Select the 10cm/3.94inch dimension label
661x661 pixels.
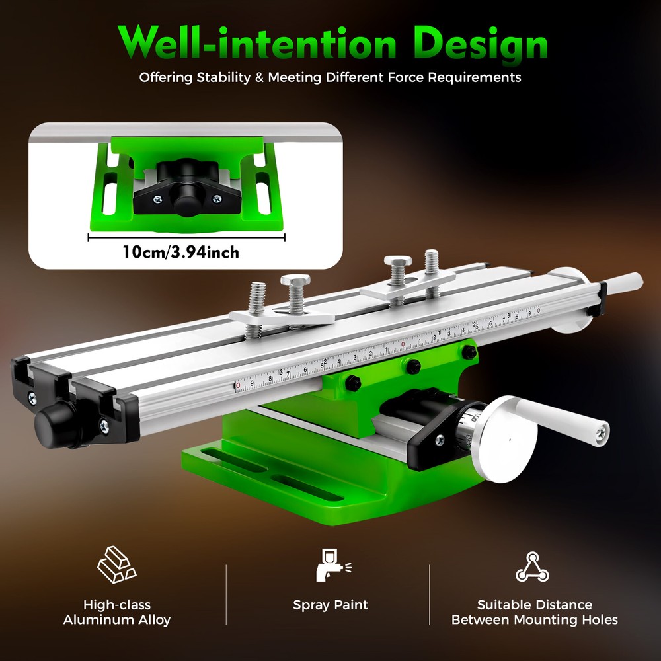point(180,252)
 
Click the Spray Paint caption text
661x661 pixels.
point(330,605)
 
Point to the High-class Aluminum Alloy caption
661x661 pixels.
point(117,612)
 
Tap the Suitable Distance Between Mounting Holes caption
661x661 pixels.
point(534,612)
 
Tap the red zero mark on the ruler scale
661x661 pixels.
point(403,344)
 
